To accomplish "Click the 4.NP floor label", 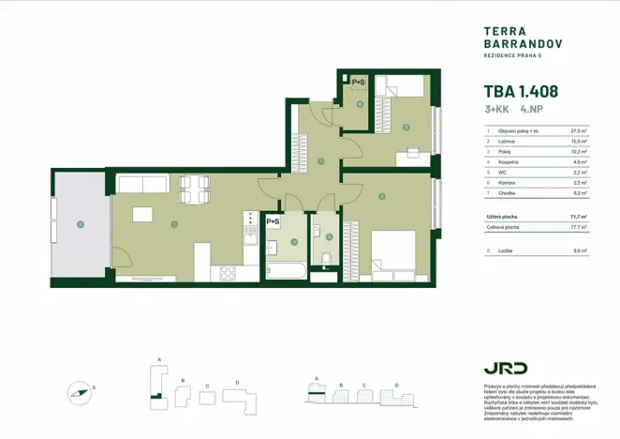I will tap(532, 111).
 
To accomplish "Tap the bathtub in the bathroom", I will tap(285, 271).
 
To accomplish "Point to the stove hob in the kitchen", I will tap(226, 273).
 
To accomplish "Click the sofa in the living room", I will tap(143, 184).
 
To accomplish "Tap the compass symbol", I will tap(81, 391).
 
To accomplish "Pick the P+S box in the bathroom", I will tap(273, 221).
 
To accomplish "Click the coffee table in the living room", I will tap(143, 215).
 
